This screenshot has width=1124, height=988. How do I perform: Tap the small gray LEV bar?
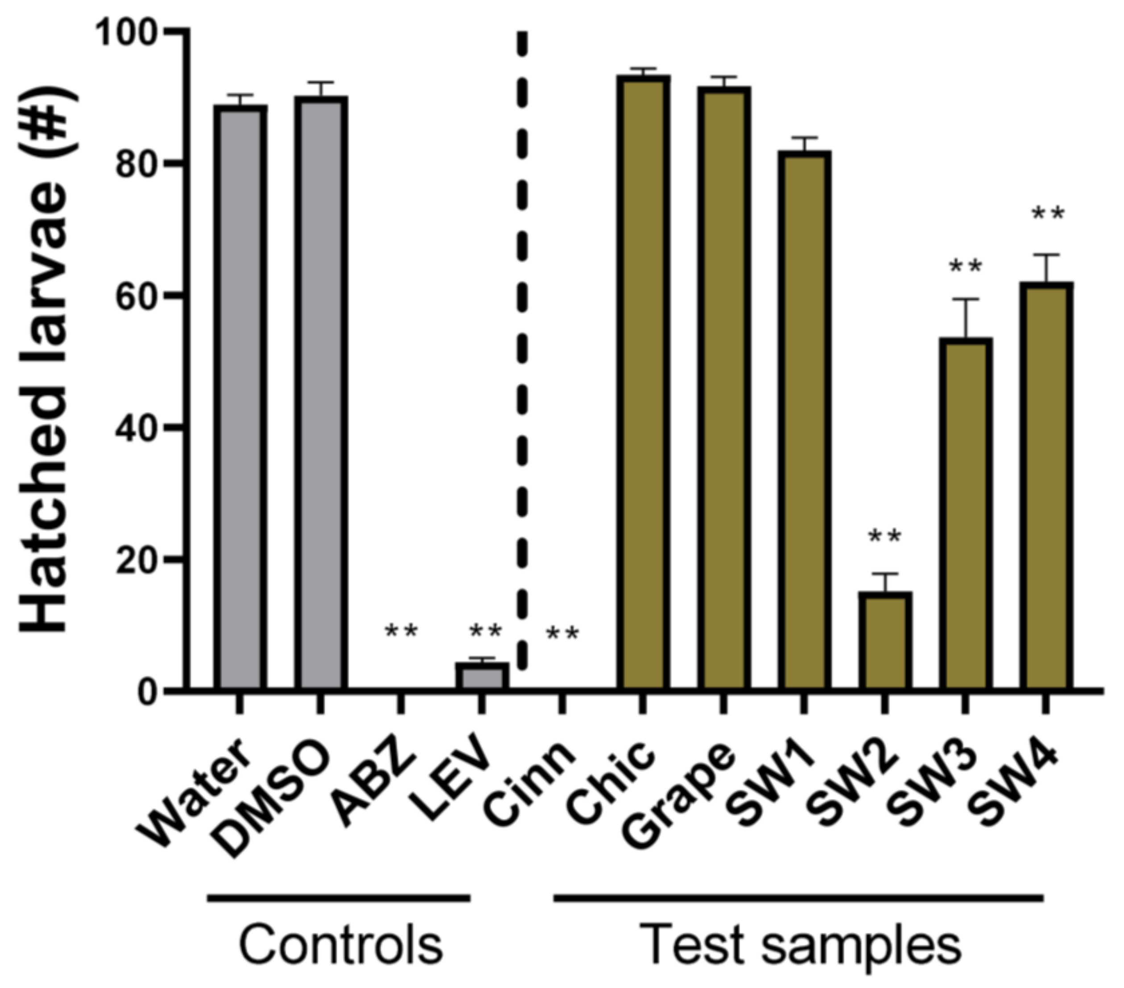(482, 676)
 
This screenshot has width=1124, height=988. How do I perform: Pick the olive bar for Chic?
(643, 382)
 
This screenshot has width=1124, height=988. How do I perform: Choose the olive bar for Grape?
(723, 387)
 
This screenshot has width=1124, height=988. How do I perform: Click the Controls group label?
(340, 945)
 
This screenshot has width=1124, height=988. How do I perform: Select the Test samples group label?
(800, 945)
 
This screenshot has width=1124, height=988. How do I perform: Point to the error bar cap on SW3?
(965, 300)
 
